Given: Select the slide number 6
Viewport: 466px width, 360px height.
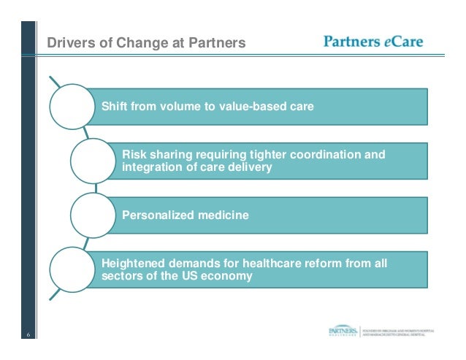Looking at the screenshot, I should coord(28,335).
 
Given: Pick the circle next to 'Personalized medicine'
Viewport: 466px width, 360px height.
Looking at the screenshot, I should coord(93,215).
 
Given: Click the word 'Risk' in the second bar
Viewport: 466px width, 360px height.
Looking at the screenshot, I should coord(134,155).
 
